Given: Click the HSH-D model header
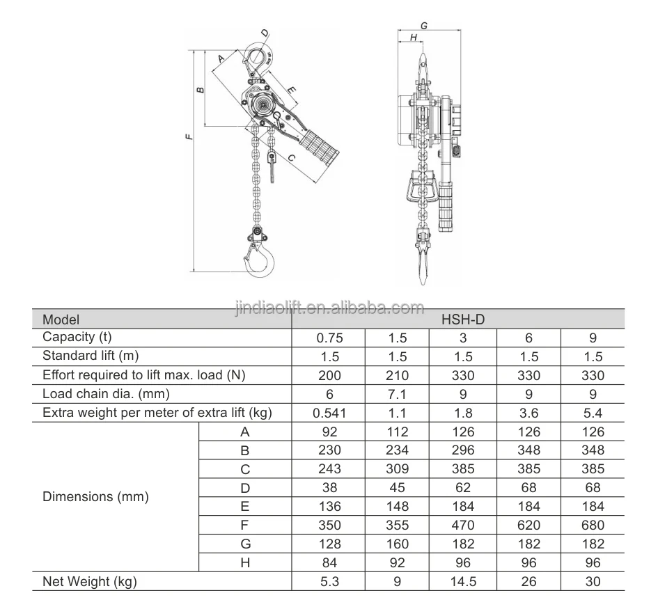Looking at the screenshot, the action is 463,319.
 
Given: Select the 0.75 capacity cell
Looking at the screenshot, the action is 329,338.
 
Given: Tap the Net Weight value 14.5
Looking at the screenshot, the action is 463,582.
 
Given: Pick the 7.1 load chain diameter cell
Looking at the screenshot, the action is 397,395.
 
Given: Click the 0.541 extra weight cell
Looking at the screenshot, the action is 329,413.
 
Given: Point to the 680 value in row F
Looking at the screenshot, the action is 593,526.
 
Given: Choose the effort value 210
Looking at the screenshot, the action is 397,376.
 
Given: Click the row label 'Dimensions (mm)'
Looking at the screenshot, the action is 95,497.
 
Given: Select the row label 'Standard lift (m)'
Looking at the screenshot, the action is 91,356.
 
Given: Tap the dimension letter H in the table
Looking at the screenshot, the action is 245,562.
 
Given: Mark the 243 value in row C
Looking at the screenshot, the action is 329,468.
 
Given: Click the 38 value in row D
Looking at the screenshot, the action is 329,488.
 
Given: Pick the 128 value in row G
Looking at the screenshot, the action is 329,544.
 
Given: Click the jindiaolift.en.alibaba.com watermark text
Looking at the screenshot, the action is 329,308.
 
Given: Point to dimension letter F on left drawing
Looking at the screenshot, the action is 189,136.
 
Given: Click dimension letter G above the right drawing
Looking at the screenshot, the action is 424,26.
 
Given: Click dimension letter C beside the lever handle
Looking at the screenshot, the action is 291,158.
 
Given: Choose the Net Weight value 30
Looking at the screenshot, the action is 593,582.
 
